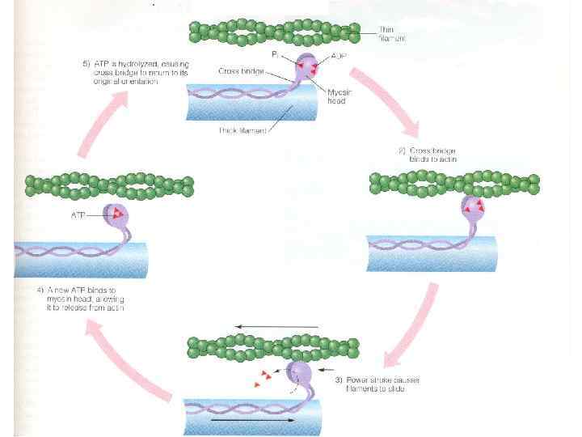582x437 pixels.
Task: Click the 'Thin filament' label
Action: point(393,34)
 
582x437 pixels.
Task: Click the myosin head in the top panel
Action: point(307,65)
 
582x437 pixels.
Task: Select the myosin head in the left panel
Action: point(118,215)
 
